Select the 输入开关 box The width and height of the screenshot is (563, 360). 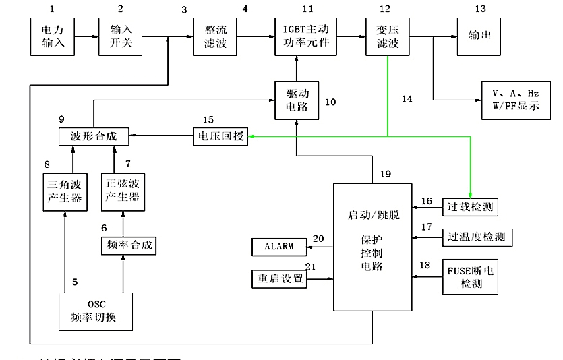coord(121,38)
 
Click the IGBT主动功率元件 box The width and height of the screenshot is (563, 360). coord(302,38)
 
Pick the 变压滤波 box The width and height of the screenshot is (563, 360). coord(387,38)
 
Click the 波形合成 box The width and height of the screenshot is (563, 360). coord(93,136)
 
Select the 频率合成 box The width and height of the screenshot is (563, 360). coord(128,245)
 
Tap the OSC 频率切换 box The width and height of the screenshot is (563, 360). coord(93,311)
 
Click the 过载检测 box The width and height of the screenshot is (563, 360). coord(469,207)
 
